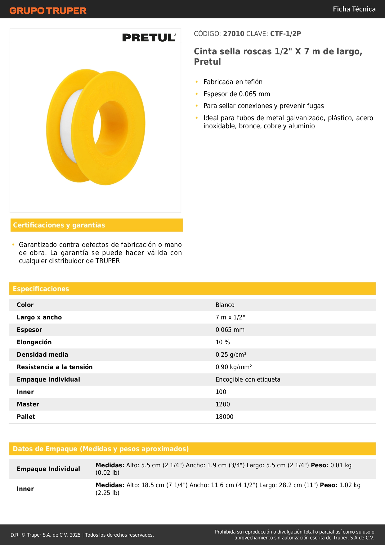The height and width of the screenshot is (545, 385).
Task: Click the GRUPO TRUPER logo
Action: pyautogui.click(x=48, y=11)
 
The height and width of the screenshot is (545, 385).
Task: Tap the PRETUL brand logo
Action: pyautogui.click(x=149, y=38)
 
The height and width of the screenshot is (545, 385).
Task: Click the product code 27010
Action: pyautogui.click(x=234, y=34)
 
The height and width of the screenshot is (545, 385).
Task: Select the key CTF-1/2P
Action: pyautogui.click(x=285, y=34)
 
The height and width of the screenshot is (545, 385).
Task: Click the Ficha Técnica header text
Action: pyautogui.click(x=354, y=9)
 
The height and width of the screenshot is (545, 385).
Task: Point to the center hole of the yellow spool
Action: pyautogui.click(x=110, y=128)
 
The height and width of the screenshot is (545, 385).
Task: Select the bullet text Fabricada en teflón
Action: pyautogui.click(x=233, y=82)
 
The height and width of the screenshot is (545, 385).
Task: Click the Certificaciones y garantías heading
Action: pyautogui.click(x=59, y=225)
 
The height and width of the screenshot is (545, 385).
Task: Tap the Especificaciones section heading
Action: pyautogui.click(x=41, y=289)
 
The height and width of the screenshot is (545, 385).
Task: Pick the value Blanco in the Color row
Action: pyautogui.click(x=225, y=305)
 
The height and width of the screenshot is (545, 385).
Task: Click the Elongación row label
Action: pyautogui.click(x=34, y=342)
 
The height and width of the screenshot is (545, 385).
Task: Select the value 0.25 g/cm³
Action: pyautogui.click(x=231, y=355)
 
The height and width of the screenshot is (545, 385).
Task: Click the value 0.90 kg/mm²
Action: pyautogui.click(x=234, y=367)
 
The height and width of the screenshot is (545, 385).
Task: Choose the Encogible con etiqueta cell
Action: pyautogui.click(x=248, y=379)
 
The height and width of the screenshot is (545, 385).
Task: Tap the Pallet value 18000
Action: pyautogui.click(x=224, y=417)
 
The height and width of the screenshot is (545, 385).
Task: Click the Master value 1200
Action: pyautogui.click(x=222, y=404)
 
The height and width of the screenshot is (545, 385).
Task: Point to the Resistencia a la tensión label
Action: pyautogui.click(x=55, y=367)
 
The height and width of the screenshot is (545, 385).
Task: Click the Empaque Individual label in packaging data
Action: pyautogui.click(x=48, y=469)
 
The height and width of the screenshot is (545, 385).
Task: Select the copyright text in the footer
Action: pyautogui.click(x=82, y=535)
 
